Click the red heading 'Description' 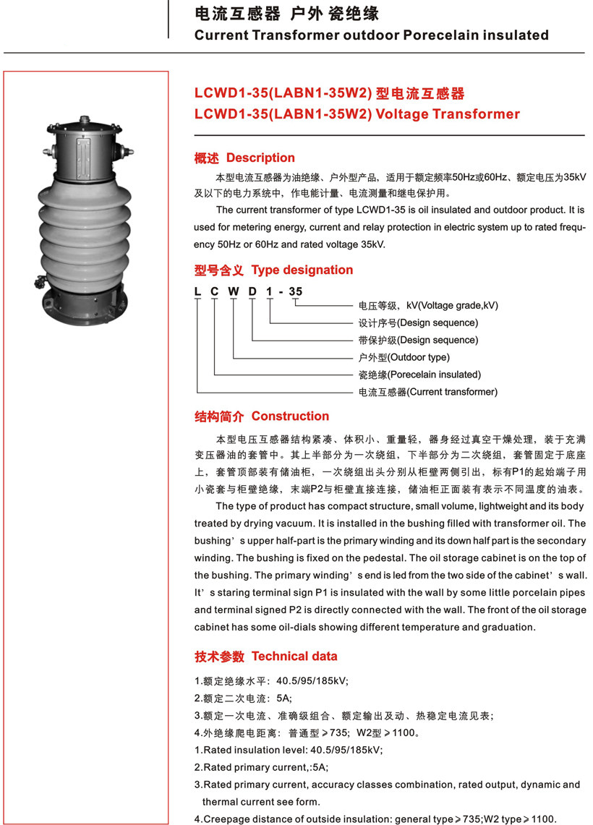(260, 158)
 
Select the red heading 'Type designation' (302, 270)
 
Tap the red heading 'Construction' (290, 416)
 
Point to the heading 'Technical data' (294, 656)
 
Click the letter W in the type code (234, 292)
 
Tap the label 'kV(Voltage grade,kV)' (448, 305)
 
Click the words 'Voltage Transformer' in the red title (448, 114)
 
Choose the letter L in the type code (197, 292)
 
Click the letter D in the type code (252, 292)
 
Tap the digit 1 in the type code (270, 292)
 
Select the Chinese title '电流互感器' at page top (231, 14)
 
